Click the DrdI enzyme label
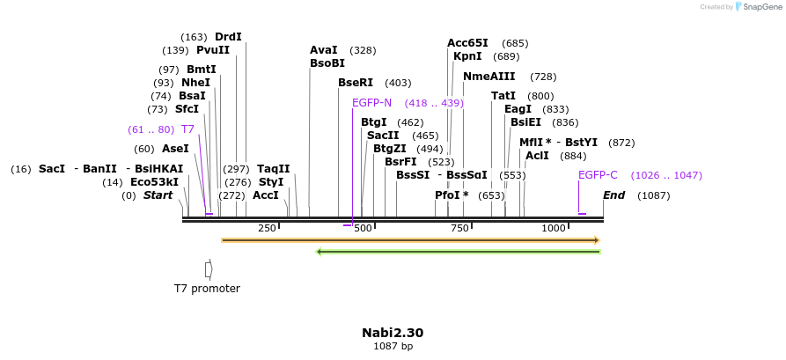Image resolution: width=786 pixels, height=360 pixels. (x=228, y=37)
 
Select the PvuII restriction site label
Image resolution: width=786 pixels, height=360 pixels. (x=213, y=50)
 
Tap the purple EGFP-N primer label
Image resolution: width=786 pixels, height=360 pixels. (x=371, y=103)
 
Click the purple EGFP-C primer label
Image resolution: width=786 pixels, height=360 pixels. (x=598, y=175)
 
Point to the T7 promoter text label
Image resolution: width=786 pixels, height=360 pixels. (x=207, y=289)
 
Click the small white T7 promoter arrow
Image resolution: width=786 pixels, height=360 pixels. (x=209, y=268)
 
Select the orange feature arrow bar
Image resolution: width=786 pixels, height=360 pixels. (x=410, y=239)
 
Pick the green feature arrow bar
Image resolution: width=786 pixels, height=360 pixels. (x=458, y=252)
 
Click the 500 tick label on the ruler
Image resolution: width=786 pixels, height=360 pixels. (x=363, y=229)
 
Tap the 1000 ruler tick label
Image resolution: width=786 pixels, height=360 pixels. (x=553, y=229)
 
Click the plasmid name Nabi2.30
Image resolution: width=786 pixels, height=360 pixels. (x=393, y=333)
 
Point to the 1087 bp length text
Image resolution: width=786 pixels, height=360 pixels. (x=393, y=347)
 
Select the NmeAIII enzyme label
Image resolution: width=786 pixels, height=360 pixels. (x=488, y=77)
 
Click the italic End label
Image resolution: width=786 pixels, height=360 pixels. (x=613, y=195)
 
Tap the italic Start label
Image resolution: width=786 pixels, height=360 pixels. (x=158, y=195)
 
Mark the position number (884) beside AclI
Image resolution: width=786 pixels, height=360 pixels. (x=573, y=156)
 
